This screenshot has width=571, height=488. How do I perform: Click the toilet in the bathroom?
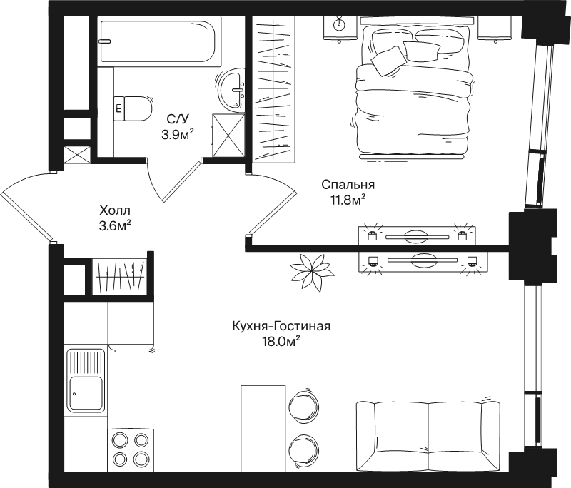[133, 108]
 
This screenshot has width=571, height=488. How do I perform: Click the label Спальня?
[348, 185]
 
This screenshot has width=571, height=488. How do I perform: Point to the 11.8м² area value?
[348, 200]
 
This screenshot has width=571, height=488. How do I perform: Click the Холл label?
[115, 210]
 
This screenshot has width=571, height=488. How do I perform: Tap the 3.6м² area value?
[115, 226]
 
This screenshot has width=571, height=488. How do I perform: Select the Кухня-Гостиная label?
[281, 326]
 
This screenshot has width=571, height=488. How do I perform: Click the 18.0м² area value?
[281, 341]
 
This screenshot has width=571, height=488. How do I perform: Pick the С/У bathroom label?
[178, 119]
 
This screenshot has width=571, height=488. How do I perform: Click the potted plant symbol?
[313, 272]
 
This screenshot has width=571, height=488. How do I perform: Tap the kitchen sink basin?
[86, 393]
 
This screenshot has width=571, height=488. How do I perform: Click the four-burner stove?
[131, 450]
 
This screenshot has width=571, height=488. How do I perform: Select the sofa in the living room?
[428, 436]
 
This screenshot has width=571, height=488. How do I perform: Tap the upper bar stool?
[304, 405]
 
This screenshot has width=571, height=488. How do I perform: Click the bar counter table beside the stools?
[263, 429]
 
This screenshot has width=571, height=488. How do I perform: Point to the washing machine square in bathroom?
[228, 135]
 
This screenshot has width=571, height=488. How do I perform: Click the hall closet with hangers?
[119, 276]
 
